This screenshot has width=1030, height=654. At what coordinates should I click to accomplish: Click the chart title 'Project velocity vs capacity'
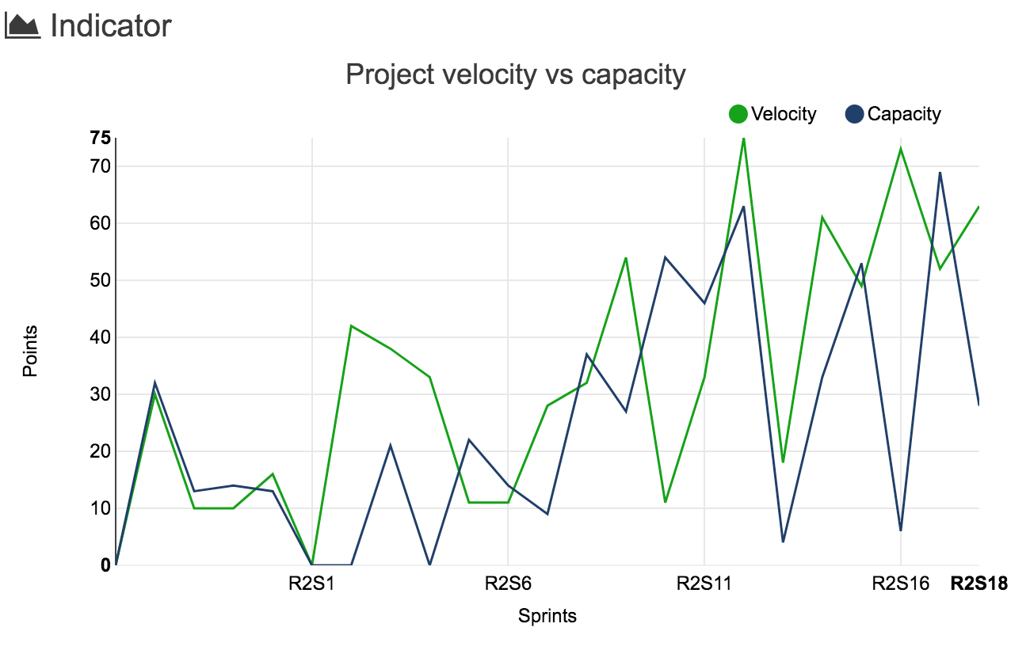tap(515, 74)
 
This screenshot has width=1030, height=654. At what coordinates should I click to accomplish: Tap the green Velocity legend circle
tap(738, 114)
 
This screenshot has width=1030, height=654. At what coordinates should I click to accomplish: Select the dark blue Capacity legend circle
tap(854, 114)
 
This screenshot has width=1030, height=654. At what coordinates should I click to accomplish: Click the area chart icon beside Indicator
tap(22, 26)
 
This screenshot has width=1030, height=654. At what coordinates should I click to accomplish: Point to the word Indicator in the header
tap(111, 26)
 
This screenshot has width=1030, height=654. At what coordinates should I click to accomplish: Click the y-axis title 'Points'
tap(30, 351)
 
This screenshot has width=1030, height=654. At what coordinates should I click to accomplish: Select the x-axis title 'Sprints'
tap(547, 616)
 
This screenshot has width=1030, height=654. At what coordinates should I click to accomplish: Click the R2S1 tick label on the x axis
tap(311, 584)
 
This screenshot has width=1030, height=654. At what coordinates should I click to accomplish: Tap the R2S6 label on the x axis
tap(508, 584)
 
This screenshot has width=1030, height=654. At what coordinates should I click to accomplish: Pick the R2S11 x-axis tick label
tap(704, 584)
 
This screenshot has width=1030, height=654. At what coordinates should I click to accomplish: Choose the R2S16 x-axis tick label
tap(900, 584)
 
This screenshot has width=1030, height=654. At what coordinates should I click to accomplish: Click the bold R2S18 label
tap(978, 584)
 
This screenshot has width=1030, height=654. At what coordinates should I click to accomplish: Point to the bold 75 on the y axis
tap(100, 139)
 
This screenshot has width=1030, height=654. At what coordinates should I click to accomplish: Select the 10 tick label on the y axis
tap(100, 508)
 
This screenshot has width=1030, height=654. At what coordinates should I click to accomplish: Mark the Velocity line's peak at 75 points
tap(743, 139)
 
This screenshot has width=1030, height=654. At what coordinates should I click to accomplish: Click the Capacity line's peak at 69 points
tap(940, 173)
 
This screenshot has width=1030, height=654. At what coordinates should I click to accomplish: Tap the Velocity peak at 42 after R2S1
tap(351, 325)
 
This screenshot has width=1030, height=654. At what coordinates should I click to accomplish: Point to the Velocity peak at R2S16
tap(901, 149)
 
